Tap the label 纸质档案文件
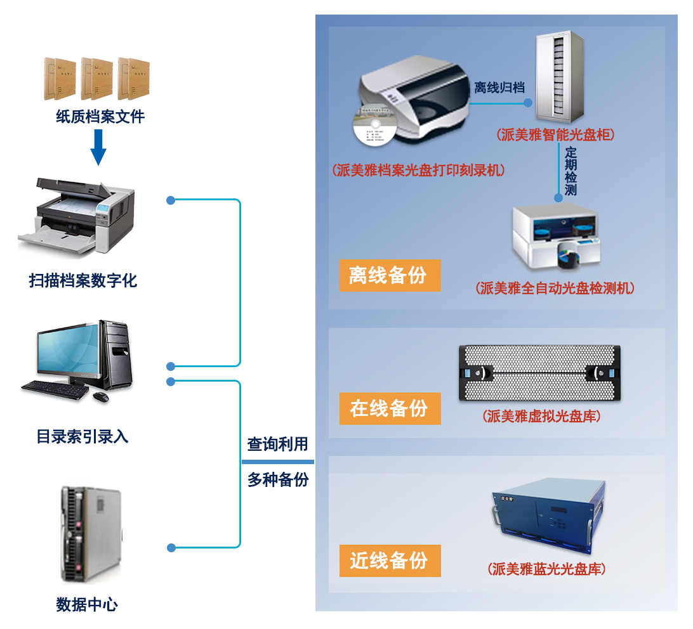100,117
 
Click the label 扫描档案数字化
83,280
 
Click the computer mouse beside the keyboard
100,397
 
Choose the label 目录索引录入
82,437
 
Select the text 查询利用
277,444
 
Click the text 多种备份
277,479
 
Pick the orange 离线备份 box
390,275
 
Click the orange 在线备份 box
390,408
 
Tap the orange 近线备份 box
390,561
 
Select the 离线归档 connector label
499,88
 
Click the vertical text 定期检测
571,171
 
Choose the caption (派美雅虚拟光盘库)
541,417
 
